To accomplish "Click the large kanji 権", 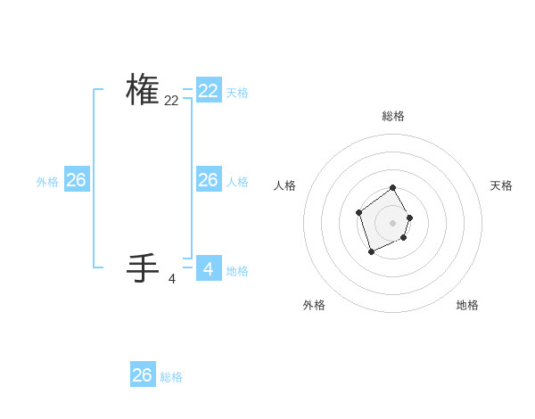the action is click(x=143, y=90).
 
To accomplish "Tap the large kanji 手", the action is click(x=143, y=267).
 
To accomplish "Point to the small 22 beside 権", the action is click(x=171, y=102).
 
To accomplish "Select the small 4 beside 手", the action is click(x=172, y=279).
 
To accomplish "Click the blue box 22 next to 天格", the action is click(x=209, y=91).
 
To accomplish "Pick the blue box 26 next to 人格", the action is click(x=209, y=180).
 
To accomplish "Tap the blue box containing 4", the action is click(x=209, y=268).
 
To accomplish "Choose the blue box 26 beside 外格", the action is click(x=76, y=180).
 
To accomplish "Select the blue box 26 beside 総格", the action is click(x=143, y=375).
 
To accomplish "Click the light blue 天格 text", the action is click(x=237, y=93).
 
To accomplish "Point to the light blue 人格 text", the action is click(x=237, y=182).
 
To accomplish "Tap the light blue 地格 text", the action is click(x=237, y=271).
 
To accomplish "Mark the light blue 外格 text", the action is click(x=47, y=182).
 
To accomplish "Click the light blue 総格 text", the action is click(x=171, y=377).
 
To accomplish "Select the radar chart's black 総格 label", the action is click(x=393, y=116).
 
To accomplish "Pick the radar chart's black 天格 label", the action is click(x=502, y=185).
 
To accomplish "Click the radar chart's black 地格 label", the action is click(x=467, y=305).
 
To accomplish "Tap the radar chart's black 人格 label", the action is click(x=284, y=185).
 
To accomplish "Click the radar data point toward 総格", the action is click(x=393, y=188).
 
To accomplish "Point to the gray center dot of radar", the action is click(x=393, y=223).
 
